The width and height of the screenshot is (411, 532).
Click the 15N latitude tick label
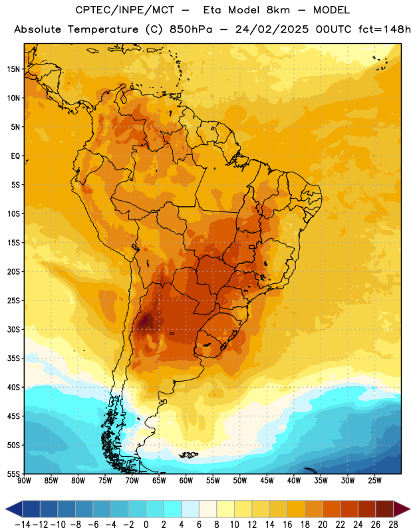tap(13, 69)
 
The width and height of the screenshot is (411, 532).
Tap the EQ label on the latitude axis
tap(15, 156)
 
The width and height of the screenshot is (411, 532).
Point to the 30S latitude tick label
tap(13, 330)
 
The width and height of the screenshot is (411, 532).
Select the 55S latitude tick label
tap(13, 474)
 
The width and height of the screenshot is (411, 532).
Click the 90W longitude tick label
tap(24, 481)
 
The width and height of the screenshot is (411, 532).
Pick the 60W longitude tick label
tap(186, 481)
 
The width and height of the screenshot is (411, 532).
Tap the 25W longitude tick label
tap(374, 481)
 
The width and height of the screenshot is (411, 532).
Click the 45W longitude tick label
tap(267, 481)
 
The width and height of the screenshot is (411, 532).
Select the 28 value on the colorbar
tap(393, 525)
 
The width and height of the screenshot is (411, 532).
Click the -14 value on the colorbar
tap(23, 525)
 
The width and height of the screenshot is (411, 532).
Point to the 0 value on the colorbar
tap(146, 525)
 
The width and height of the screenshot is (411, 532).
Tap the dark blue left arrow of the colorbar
tap(13, 509)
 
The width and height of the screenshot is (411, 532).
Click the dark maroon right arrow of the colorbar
tap(402, 509)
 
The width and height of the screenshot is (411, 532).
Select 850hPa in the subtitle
tap(191, 29)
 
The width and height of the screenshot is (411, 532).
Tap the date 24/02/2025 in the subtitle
tap(272, 29)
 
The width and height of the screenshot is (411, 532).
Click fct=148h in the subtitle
tap(384, 29)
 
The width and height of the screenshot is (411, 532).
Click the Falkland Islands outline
tap(188, 455)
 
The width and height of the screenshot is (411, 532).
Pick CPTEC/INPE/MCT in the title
tap(125, 10)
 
